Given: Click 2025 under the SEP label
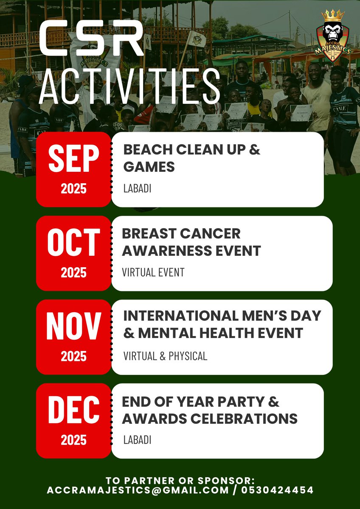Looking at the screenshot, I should coord(73,189).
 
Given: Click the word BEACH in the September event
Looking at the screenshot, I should coord(148,150).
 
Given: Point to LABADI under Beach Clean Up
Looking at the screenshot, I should coord(137,188).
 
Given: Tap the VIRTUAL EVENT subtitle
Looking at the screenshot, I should coord(154,272).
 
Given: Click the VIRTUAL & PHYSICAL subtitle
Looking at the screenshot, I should coord(165,356).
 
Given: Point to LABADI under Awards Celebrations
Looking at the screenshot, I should coord(137,440).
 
